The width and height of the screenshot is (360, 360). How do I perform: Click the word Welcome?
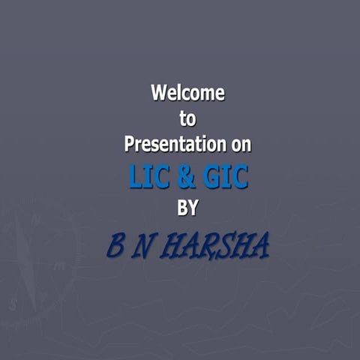187,94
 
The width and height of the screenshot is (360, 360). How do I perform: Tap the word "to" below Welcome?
187,118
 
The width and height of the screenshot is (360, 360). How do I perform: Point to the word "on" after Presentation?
237,142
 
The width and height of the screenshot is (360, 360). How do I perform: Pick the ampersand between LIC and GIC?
186,178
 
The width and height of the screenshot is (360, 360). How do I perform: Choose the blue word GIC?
223,178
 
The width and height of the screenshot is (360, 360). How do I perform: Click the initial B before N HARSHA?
116,245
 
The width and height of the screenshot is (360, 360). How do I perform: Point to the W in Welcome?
158,94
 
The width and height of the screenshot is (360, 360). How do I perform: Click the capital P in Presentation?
129,142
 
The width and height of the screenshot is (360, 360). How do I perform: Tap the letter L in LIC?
136,178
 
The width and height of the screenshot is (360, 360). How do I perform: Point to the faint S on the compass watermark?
13,304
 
